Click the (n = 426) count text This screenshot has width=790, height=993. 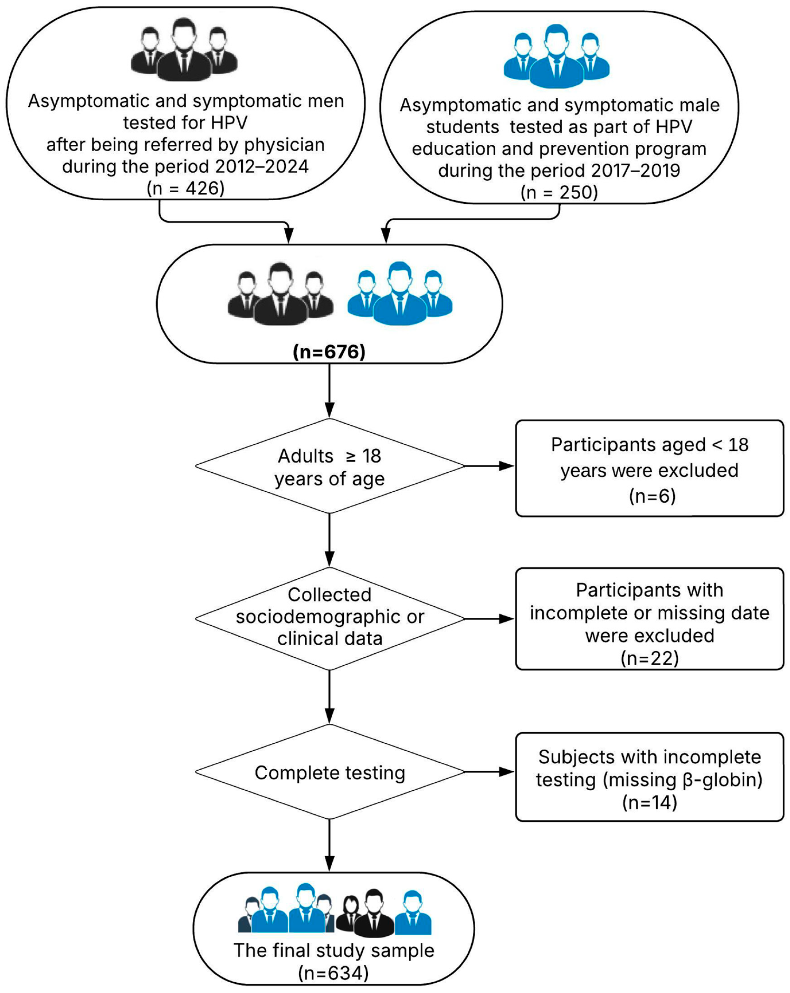185,189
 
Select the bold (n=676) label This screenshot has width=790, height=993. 329,352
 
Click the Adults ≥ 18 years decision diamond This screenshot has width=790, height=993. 329,466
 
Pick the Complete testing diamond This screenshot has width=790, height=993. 329,773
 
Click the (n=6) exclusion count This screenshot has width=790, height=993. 652,496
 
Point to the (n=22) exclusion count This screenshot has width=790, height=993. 649,658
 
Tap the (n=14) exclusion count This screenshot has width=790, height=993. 649,803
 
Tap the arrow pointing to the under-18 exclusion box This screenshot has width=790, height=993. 488,466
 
